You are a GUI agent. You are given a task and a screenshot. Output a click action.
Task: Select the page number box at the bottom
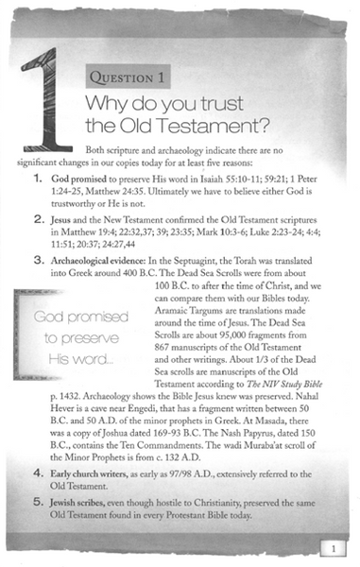click(334, 548)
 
